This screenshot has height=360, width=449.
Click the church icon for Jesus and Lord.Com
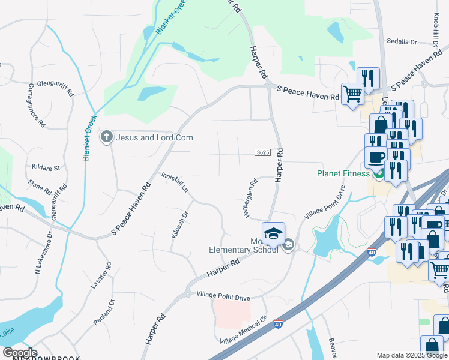point(107,137)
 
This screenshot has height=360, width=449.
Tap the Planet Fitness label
point(343,174)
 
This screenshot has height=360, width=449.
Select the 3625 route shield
point(262,153)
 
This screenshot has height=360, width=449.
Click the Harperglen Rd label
point(251,198)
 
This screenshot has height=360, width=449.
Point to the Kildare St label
point(46,169)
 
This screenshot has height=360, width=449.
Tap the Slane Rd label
point(40,187)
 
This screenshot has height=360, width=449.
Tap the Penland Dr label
point(103,312)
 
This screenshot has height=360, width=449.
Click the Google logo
point(20,353)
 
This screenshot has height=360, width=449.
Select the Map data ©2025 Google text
point(411,355)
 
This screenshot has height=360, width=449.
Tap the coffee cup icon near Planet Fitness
point(376,157)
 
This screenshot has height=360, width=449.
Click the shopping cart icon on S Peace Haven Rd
point(352,92)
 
